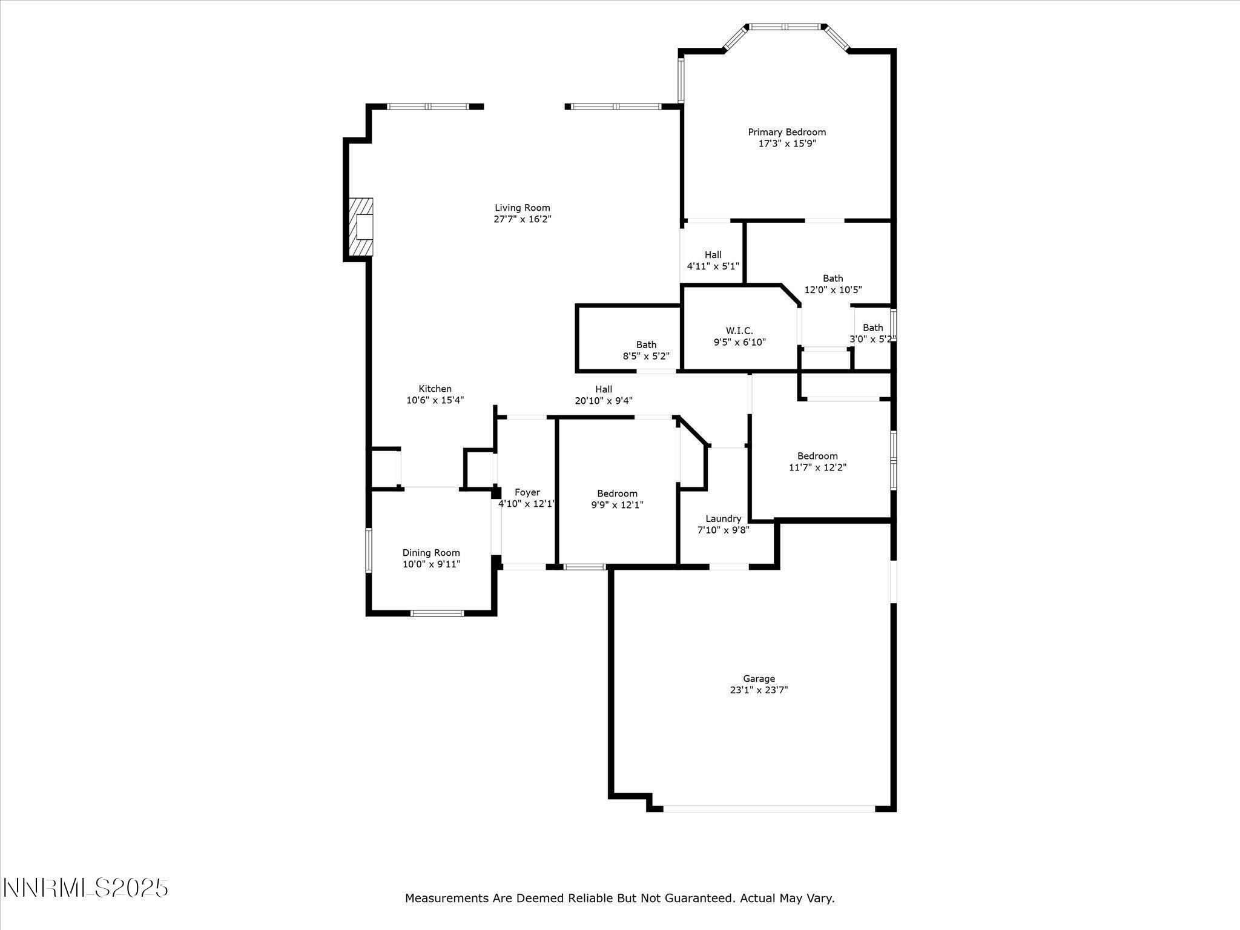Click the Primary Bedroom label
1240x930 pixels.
click(x=787, y=132)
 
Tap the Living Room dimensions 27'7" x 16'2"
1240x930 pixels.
click(x=522, y=219)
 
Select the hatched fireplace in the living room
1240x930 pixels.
click(x=361, y=227)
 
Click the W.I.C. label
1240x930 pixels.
click(x=739, y=331)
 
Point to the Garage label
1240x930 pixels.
click(x=759, y=679)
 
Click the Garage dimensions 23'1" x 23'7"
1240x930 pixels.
click(x=759, y=690)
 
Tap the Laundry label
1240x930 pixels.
click(x=723, y=519)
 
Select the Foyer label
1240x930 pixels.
click(x=527, y=493)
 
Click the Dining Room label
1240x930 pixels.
click(x=431, y=553)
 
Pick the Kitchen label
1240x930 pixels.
click(x=435, y=389)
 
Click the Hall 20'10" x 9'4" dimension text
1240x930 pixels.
click(x=604, y=400)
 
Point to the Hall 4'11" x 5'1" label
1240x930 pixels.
click(x=713, y=255)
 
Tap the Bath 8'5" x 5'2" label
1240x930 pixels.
click(x=646, y=345)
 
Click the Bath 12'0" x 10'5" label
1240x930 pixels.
click(x=833, y=279)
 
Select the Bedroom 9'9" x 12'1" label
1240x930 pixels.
click(x=617, y=493)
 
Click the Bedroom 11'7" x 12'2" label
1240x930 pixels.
click(x=817, y=456)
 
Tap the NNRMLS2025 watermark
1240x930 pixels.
click(x=85, y=888)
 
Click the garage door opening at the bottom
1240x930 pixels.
click(x=769, y=808)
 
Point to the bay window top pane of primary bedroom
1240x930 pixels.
click(x=786, y=27)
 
